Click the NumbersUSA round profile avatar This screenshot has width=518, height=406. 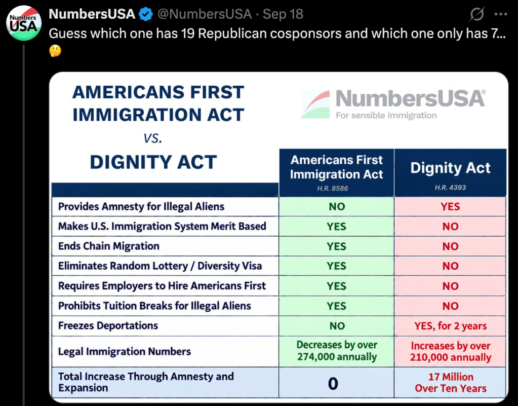tap(24, 23)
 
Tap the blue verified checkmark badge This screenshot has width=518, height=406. tap(146, 14)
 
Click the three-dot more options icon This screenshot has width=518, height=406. tap(501, 14)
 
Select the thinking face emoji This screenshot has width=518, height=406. tap(55, 51)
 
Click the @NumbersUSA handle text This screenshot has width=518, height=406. tap(205, 14)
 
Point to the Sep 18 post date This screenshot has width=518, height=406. tap(283, 14)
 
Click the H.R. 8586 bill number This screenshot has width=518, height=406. tap(332, 189)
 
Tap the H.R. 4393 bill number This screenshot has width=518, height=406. tap(450, 188)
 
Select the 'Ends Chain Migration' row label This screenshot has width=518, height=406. tap(109, 246)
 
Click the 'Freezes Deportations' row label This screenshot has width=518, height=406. tap(108, 325)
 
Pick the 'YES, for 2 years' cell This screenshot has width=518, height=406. tap(450, 326)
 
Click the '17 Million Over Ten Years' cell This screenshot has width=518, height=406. tap(451, 383)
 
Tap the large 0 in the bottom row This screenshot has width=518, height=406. tap(333, 384)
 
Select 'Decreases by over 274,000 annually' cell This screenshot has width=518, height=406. tap(337, 351)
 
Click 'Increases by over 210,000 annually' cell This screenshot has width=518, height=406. tap(451, 351)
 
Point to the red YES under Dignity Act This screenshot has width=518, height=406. tap(450, 207)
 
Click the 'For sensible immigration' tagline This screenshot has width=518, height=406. tap(386, 116)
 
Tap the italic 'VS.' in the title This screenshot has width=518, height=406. tap(153, 138)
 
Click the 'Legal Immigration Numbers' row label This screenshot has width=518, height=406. tap(125, 351)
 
